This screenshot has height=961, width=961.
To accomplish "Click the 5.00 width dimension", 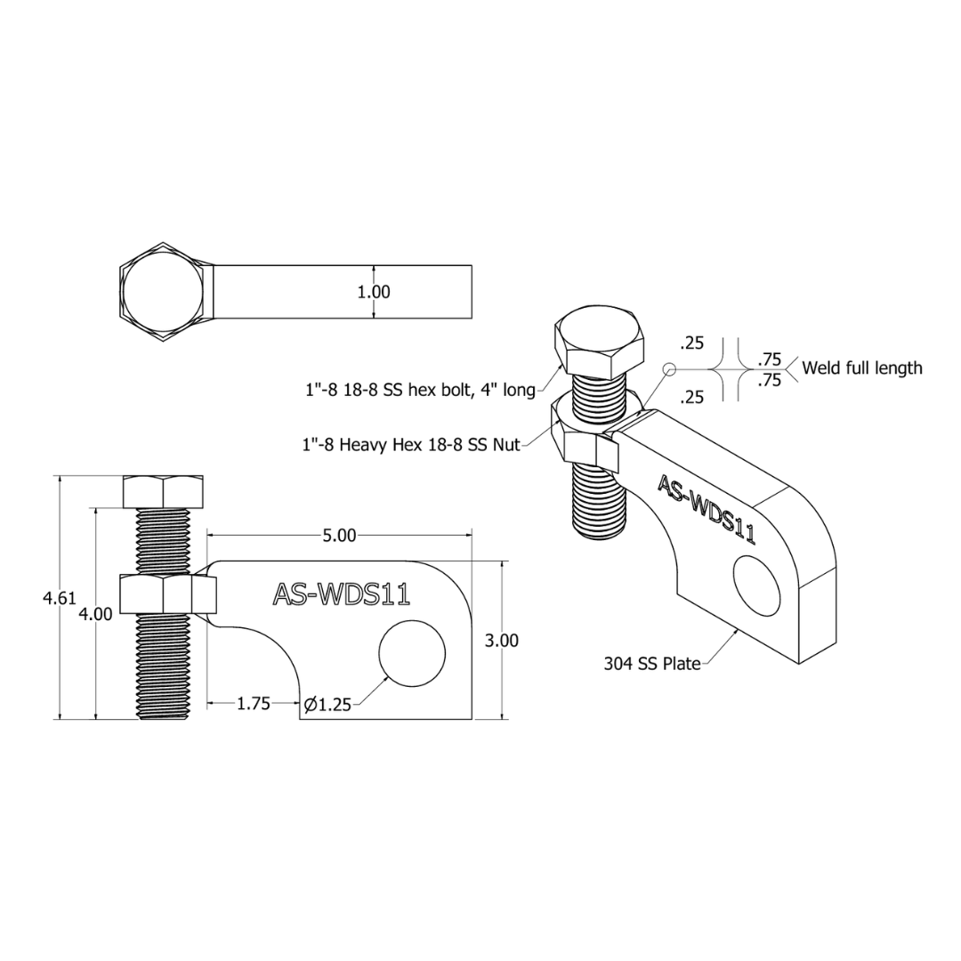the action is coord(339,536).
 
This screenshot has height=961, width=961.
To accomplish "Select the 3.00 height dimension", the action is coord(501,641).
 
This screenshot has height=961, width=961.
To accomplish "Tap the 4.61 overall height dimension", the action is coord(59,598).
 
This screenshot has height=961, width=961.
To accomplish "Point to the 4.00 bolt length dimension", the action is coord(95,613).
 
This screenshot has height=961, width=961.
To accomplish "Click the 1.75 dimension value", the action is coord(254,704).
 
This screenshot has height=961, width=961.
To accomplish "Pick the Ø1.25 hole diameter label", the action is coord(327,706).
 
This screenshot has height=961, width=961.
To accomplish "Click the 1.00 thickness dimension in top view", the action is coord(374,292).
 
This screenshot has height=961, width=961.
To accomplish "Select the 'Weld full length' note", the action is coord(861,368).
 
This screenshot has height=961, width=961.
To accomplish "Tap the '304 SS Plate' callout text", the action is coord(652,664).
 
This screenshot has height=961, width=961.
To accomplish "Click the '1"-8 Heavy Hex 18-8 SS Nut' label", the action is coord(410,444).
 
